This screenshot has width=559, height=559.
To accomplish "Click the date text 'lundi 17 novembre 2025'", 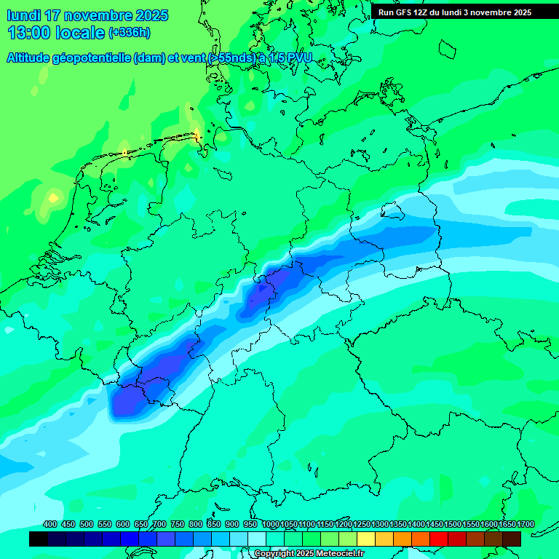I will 87,15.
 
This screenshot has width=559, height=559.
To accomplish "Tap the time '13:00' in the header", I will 29,33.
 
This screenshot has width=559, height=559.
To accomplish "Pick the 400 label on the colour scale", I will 50,524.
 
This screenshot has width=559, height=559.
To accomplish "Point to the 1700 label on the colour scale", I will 526,524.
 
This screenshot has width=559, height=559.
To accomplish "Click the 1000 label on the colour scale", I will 270,524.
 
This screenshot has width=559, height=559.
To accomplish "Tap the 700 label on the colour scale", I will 159,524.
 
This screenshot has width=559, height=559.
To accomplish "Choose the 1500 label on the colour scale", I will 453,524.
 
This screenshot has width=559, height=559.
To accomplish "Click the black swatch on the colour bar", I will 39,539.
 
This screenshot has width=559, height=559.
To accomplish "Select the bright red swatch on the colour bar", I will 439,539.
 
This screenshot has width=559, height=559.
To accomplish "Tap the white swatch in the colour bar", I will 257,539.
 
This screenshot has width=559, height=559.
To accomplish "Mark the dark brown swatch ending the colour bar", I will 512,539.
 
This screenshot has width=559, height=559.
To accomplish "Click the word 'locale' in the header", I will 81,33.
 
